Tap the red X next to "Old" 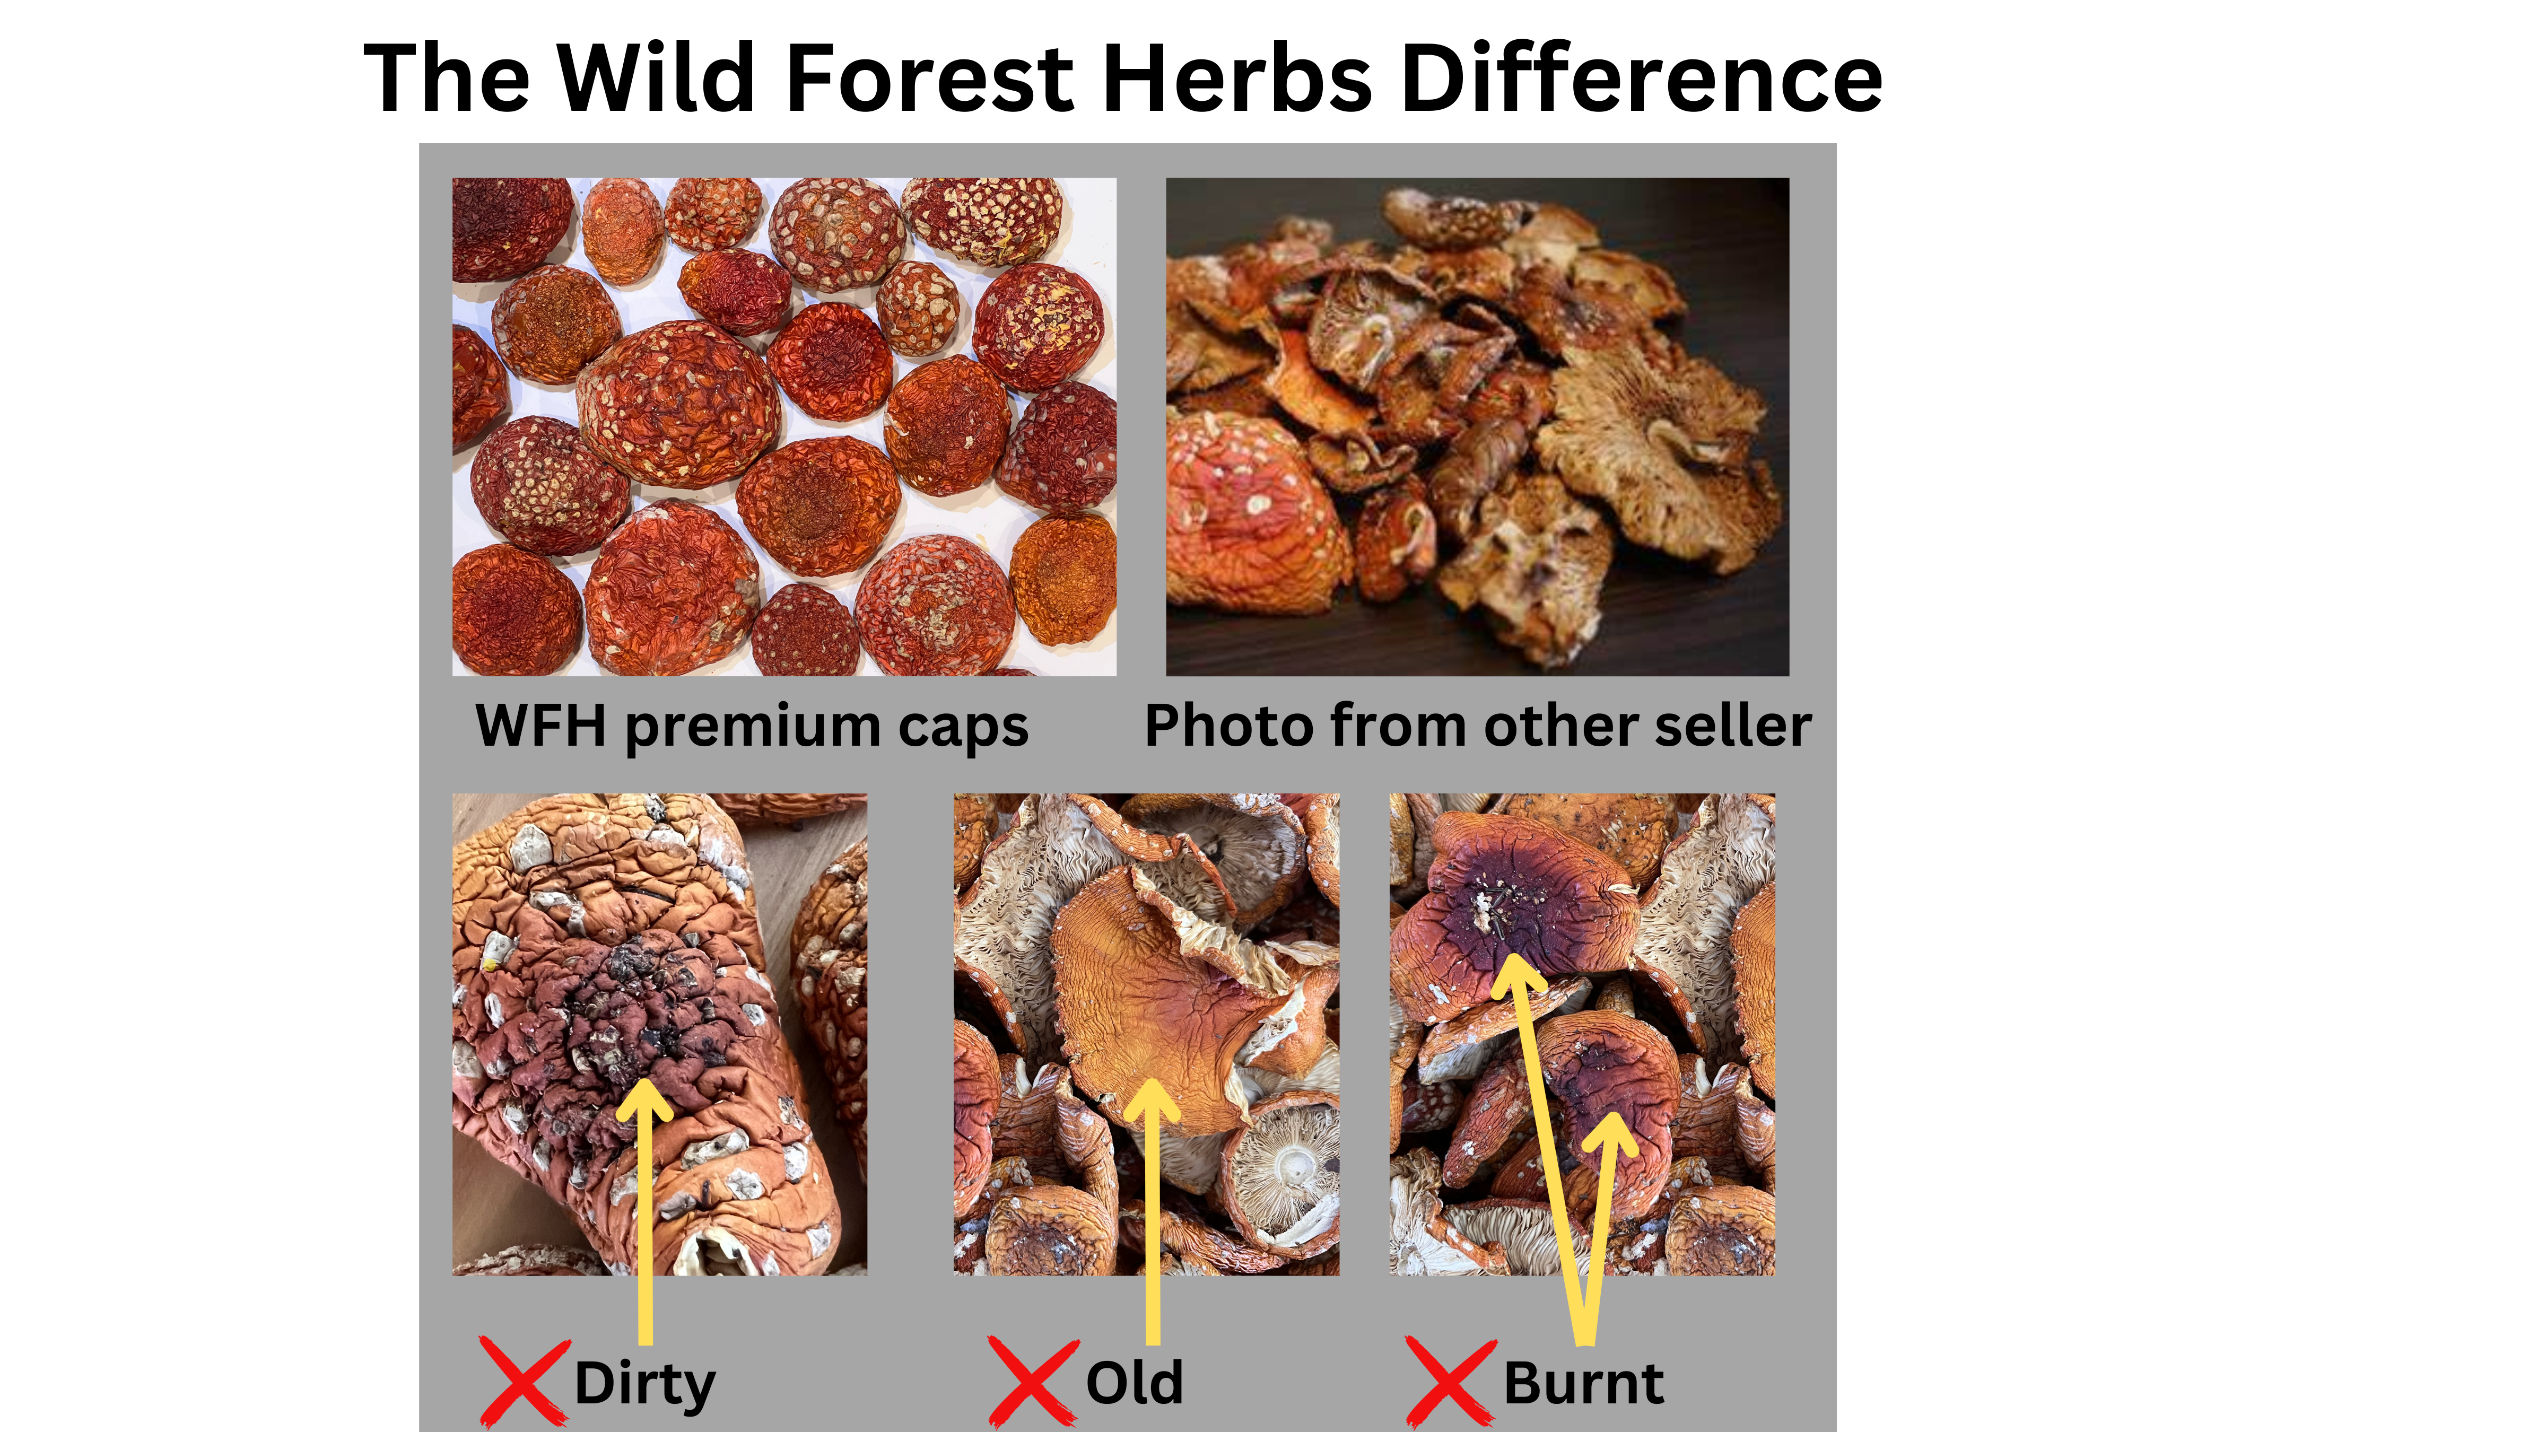pyautogui.click(x=1032, y=1382)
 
